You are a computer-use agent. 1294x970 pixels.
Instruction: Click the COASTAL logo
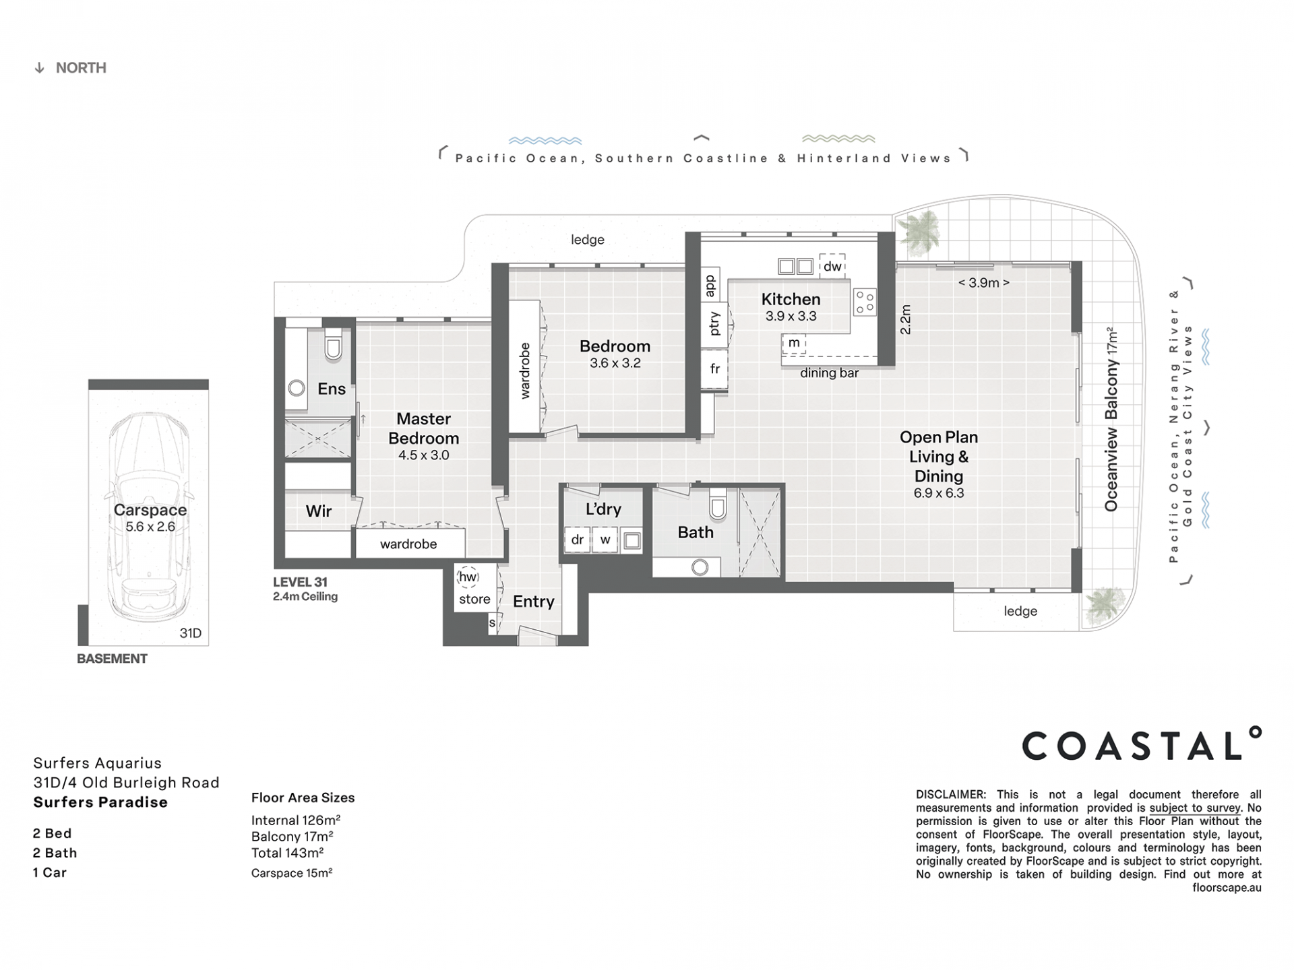1142,744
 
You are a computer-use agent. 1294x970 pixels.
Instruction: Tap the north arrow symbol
40,68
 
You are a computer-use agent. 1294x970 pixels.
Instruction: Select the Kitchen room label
791,299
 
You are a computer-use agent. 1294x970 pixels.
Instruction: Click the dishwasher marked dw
832,265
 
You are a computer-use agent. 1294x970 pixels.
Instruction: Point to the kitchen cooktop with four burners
865,302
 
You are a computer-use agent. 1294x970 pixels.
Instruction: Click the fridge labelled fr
714,368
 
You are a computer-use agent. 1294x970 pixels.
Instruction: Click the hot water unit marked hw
468,577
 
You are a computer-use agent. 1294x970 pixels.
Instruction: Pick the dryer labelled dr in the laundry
578,540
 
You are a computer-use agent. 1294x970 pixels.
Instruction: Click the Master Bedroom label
423,428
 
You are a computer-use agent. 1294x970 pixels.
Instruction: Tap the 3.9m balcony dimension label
983,283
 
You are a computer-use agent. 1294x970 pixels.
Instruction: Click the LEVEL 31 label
300,582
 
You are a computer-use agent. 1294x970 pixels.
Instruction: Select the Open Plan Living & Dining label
939,457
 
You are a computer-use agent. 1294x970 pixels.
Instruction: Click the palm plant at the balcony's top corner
919,233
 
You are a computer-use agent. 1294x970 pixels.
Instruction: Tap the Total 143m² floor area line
287,853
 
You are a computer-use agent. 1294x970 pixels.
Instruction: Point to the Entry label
534,602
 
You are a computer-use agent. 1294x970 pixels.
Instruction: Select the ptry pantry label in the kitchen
714,323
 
